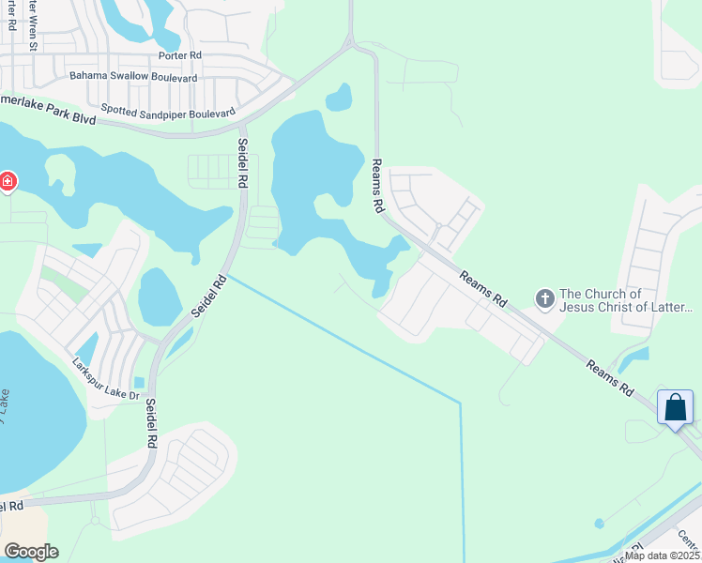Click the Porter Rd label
pos(179,55)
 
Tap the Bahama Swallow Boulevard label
pos(133,76)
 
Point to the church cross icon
pos(544,299)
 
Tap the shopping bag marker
pos(676,408)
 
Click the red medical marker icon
pos(7,180)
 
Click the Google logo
pos(31,551)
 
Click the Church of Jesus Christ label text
pos(626,300)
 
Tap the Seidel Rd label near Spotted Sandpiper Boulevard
pos(242,161)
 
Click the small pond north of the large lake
pos(338,97)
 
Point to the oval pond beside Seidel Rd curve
pos(160,297)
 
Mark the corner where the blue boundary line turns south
pos(461,403)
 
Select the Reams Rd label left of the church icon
pos(484,289)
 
